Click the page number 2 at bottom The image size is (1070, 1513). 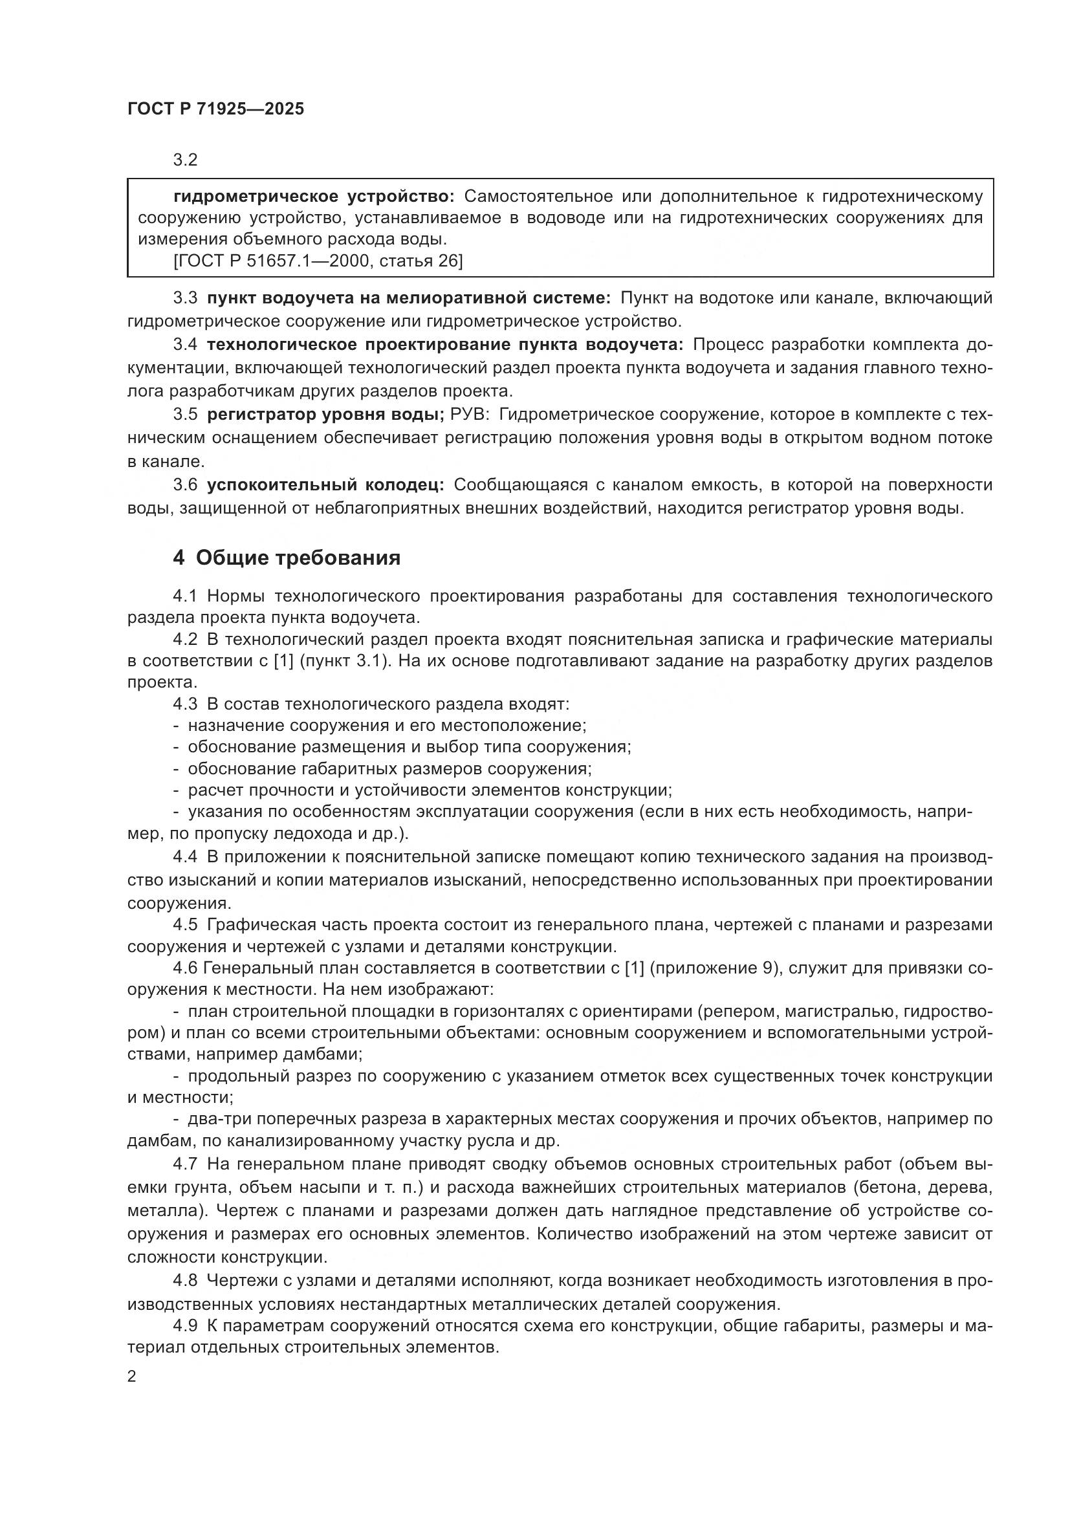(132, 1377)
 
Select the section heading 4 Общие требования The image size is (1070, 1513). (287, 558)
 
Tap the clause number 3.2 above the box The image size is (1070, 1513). (186, 160)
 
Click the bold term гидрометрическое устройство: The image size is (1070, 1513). (314, 197)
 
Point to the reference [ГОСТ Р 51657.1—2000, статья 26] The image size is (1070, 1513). (318, 261)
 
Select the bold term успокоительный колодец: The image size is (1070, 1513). (325, 485)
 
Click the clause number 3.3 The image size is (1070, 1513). (185, 298)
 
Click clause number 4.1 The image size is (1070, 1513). (185, 596)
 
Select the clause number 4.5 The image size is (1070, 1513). (185, 924)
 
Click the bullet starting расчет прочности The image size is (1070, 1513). (428, 790)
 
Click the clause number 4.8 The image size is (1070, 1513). (185, 1280)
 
